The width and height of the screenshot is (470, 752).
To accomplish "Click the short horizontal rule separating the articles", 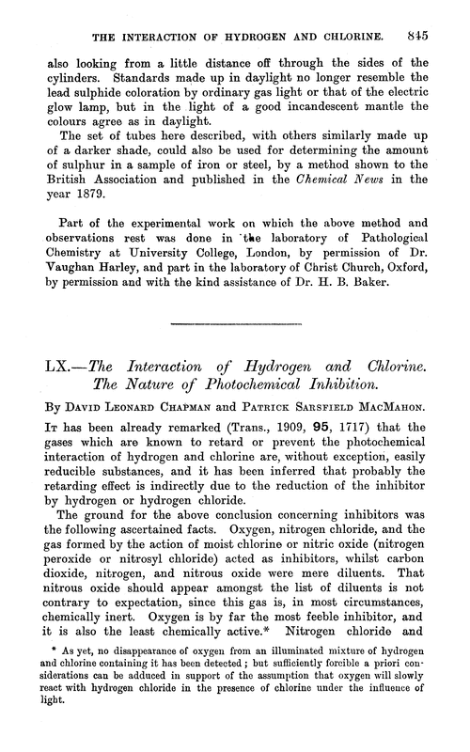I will coord(234,322).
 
